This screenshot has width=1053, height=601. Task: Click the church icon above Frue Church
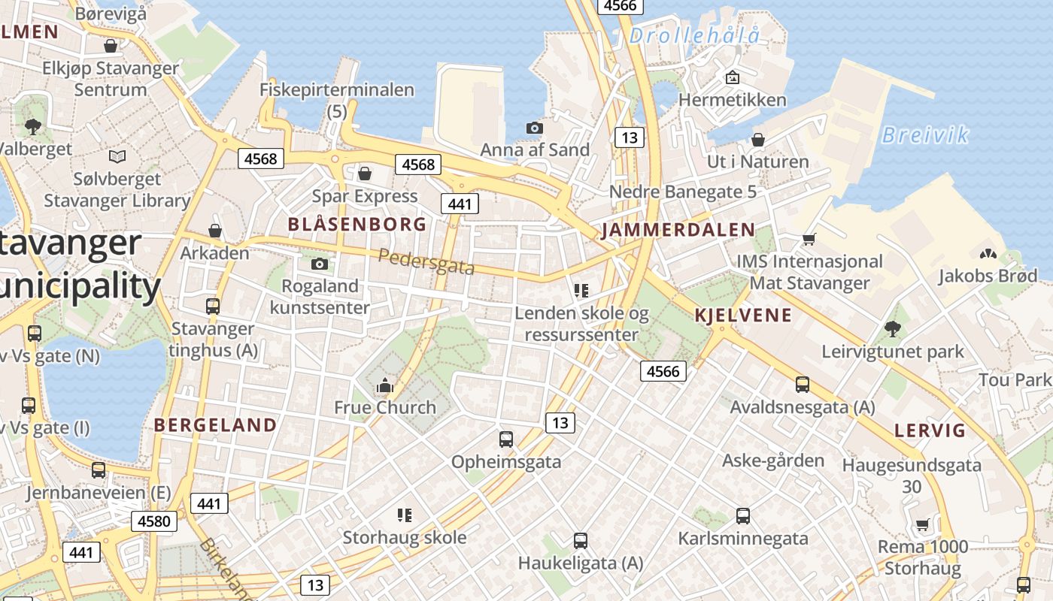click(x=385, y=387)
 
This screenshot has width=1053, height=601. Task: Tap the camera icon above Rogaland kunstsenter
click(x=320, y=264)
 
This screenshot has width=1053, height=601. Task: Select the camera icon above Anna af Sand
click(x=535, y=128)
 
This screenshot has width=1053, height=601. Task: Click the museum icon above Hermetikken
click(x=732, y=77)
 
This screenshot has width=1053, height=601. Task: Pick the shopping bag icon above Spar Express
click(x=365, y=174)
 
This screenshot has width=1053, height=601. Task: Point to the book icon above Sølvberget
click(x=117, y=156)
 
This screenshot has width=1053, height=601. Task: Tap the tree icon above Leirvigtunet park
click(x=893, y=328)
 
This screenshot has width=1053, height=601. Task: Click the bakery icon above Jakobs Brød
click(x=988, y=254)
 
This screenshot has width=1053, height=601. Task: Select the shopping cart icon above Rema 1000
click(x=923, y=524)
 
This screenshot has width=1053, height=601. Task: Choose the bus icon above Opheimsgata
click(x=506, y=439)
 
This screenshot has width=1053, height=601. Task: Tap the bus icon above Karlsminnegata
click(x=743, y=515)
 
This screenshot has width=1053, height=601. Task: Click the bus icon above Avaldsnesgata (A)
click(x=803, y=385)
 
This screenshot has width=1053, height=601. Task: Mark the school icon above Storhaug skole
click(x=405, y=515)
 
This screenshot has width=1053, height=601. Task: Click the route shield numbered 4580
click(x=154, y=521)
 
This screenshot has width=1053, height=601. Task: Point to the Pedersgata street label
click(x=426, y=261)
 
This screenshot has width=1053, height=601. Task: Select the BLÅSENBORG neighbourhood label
click(x=357, y=224)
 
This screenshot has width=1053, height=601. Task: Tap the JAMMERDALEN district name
click(x=678, y=230)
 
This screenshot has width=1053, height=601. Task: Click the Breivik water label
click(x=924, y=135)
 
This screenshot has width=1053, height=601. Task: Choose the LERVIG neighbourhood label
click(x=930, y=430)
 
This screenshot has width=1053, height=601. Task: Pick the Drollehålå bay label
click(x=694, y=35)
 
